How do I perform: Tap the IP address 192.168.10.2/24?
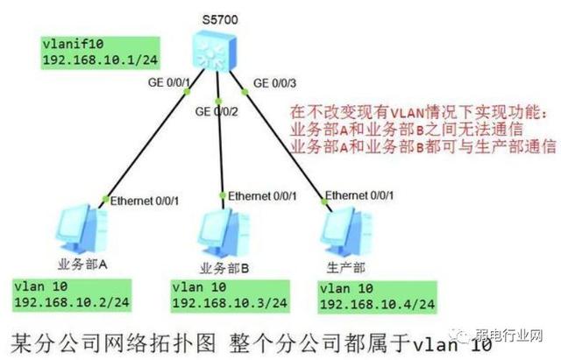67,303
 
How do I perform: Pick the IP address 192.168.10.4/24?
377,303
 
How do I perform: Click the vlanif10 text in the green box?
68,43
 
